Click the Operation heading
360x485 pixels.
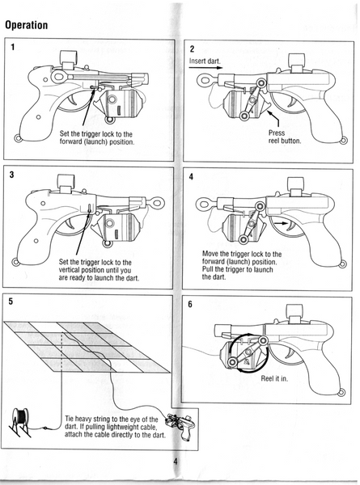[x=27, y=25]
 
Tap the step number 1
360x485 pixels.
[x=13, y=47]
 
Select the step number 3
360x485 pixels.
[x=12, y=175]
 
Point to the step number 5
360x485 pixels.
[x=11, y=302]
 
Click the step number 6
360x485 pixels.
[x=190, y=305]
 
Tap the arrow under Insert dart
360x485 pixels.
[x=205, y=67]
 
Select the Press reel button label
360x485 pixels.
[x=285, y=137]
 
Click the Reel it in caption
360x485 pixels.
[x=274, y=378]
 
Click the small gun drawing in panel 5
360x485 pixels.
[x=180, y=424]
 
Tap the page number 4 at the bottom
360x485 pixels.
[x=176, y=462]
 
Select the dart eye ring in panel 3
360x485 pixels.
[x=157, y=203]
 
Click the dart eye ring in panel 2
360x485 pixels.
[x=205, y=80]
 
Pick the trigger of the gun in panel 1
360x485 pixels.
[x=73, y=99]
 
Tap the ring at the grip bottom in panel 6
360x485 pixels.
[x=341, y=393]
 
